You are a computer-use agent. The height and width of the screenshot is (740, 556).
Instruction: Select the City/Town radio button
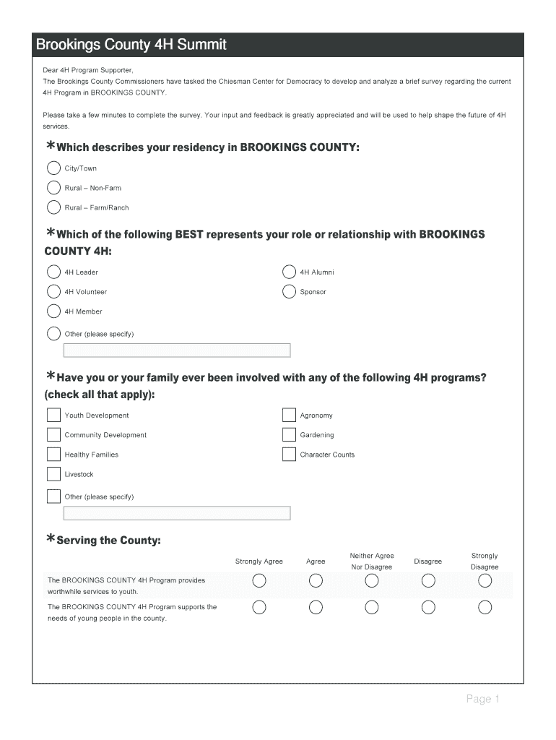[54, 168]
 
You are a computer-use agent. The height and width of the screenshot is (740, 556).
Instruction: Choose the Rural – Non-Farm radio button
[54, 188]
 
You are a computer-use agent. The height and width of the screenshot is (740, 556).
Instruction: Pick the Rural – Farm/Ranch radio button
[54, 207]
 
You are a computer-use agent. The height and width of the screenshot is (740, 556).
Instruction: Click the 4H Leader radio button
[54, 272]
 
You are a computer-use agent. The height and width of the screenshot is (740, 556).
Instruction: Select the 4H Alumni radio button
[289, 272]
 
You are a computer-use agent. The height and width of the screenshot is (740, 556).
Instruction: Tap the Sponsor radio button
[289, 292]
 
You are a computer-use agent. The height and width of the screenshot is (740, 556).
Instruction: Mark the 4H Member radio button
[54, 311]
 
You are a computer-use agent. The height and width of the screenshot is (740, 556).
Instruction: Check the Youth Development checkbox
[54, 416]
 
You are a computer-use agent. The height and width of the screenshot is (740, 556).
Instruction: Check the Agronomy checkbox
[289, 416]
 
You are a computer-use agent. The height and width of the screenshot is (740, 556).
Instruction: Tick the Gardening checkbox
[289, 435]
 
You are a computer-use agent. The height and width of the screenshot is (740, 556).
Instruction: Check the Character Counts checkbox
[289, 455]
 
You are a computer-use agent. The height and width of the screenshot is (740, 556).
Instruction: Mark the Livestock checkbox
[54, 474]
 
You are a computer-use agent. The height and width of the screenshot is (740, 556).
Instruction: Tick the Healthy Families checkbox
[54, 455]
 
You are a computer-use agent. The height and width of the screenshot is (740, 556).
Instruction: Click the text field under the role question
[177, 350]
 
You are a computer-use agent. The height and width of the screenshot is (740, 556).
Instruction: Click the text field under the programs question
[177, 513]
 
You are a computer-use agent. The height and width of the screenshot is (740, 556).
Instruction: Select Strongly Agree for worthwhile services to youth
[259, 581]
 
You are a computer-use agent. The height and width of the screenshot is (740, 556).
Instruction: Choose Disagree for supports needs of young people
[428, 607]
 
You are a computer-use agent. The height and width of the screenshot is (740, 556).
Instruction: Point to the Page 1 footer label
[482, 699]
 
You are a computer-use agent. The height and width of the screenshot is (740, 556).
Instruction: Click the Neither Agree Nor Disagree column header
[372, 562]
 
